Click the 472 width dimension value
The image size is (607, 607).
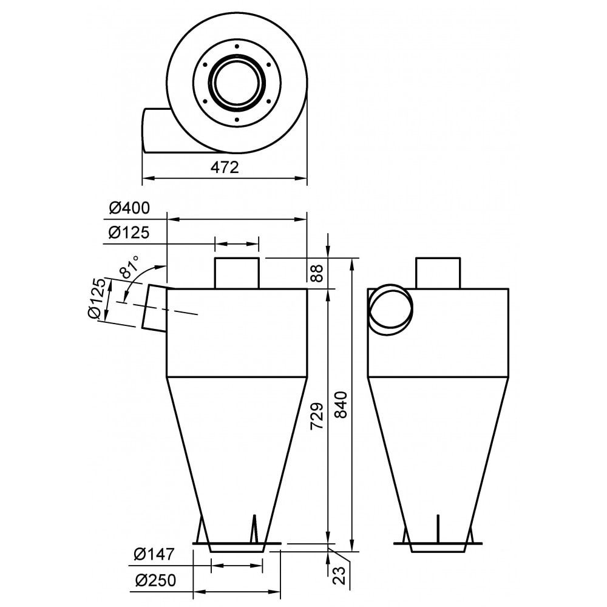pyautogui.click(x=225, y=168)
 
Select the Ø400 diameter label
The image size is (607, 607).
pyautogui.click(x=129, y=208)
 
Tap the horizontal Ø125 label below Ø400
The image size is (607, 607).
pyautogui.click(x=129, y=232)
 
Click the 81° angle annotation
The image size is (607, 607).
pyautogui.click(x=130, y=267)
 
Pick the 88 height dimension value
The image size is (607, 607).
pyautogui.click(x=316, y=273)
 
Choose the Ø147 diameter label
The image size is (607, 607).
pyautogui.click(x=154, y=554)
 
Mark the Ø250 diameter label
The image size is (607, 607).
pyautogui.click(x=154, y=580)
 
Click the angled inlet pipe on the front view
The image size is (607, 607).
pyautogui.click(x=155, y=307)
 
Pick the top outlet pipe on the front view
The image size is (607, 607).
pyautogui.click(x=237, y=273)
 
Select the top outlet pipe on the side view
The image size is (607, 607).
pyautogui.click(x=438, y=273)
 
